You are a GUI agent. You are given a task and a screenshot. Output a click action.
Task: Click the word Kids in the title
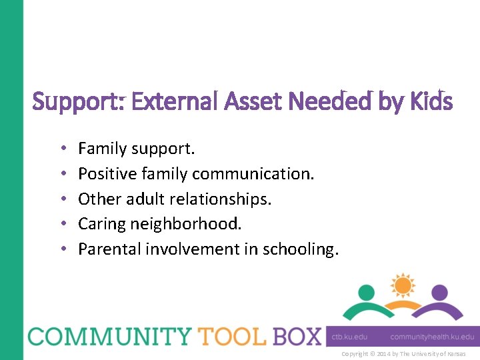pos(431,102)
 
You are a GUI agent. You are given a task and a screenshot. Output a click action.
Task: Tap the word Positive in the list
pos(105,174)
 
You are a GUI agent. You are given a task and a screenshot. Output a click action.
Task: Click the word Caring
pos(100,224)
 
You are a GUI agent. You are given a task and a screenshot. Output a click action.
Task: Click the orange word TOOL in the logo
pos(225,336)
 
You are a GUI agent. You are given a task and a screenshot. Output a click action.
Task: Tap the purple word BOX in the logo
pos(296,336)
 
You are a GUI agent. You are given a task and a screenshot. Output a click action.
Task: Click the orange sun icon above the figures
pos(402,285)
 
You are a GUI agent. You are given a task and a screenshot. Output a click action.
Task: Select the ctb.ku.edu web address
pos(350,337)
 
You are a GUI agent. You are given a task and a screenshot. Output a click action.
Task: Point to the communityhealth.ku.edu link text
pos(432,337)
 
